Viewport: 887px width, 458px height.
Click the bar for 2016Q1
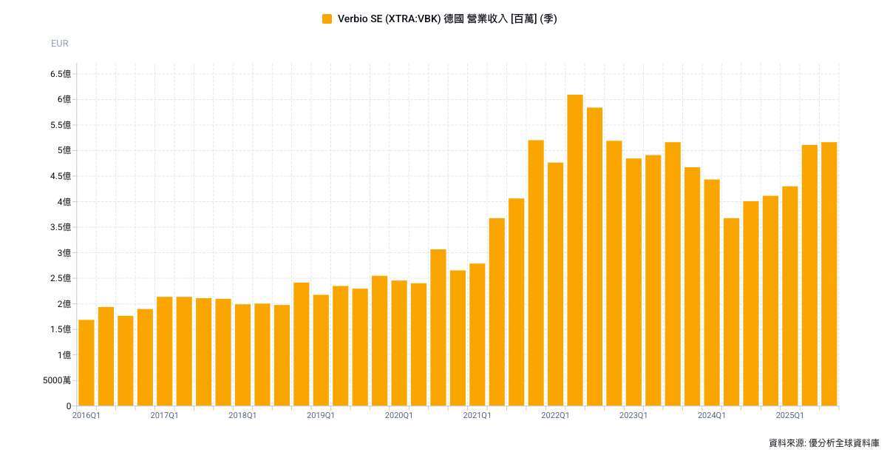(86, 363)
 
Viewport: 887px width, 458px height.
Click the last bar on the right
(829, 274)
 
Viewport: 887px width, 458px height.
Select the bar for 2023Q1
(633, 282)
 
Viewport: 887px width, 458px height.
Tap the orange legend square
(327, 19)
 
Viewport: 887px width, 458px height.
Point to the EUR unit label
(60, 44)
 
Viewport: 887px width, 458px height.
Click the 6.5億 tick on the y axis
(61, 74)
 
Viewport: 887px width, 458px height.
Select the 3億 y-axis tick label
(64, 253)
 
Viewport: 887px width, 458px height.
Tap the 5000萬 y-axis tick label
(57, 380)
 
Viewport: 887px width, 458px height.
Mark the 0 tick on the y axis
(69, 406)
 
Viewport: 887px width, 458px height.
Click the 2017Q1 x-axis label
(164, 416)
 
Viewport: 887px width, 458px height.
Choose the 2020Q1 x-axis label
(398, 416)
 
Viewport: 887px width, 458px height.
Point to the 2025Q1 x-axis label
(789, 416)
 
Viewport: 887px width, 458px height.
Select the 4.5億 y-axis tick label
(61, 176)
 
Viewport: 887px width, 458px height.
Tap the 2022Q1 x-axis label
(555, 416)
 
